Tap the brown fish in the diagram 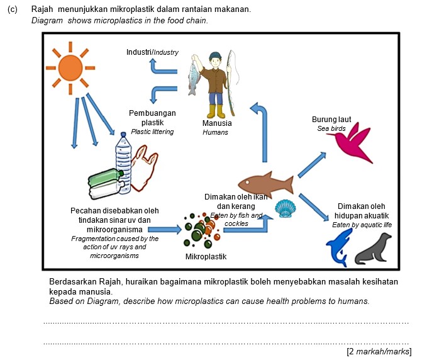[265, 183]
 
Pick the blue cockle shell [284, 208]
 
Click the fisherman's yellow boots [216, 111]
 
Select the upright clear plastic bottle [123, 157]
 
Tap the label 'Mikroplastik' [206, 257]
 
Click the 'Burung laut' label [331, 120]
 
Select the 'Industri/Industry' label [152, 52]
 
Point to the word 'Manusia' [217, 123]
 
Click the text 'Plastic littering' [152, 132]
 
